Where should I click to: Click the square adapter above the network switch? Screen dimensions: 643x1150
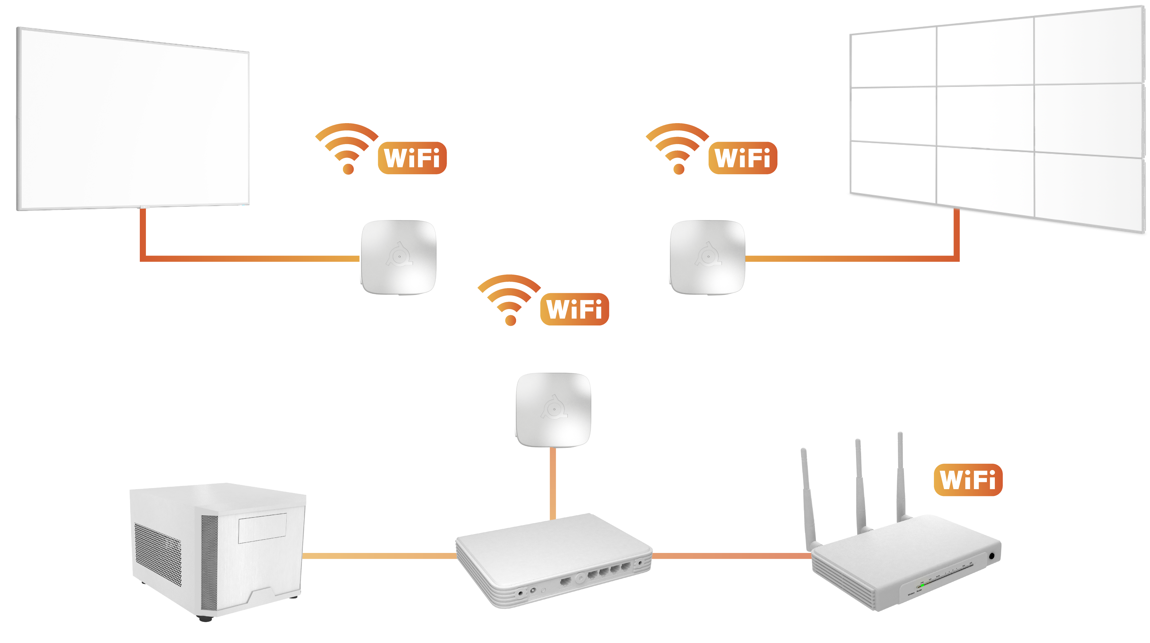[x=553, y=409]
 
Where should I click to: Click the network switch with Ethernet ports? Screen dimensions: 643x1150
[x=554, y=558]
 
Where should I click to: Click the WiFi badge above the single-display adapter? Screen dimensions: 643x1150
[x=412, y=158]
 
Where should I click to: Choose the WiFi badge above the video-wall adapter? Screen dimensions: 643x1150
[x=742, y=158]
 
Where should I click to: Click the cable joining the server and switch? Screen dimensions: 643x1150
[x=379, y=556]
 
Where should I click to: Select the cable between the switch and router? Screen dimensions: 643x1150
[x=732, y=556]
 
